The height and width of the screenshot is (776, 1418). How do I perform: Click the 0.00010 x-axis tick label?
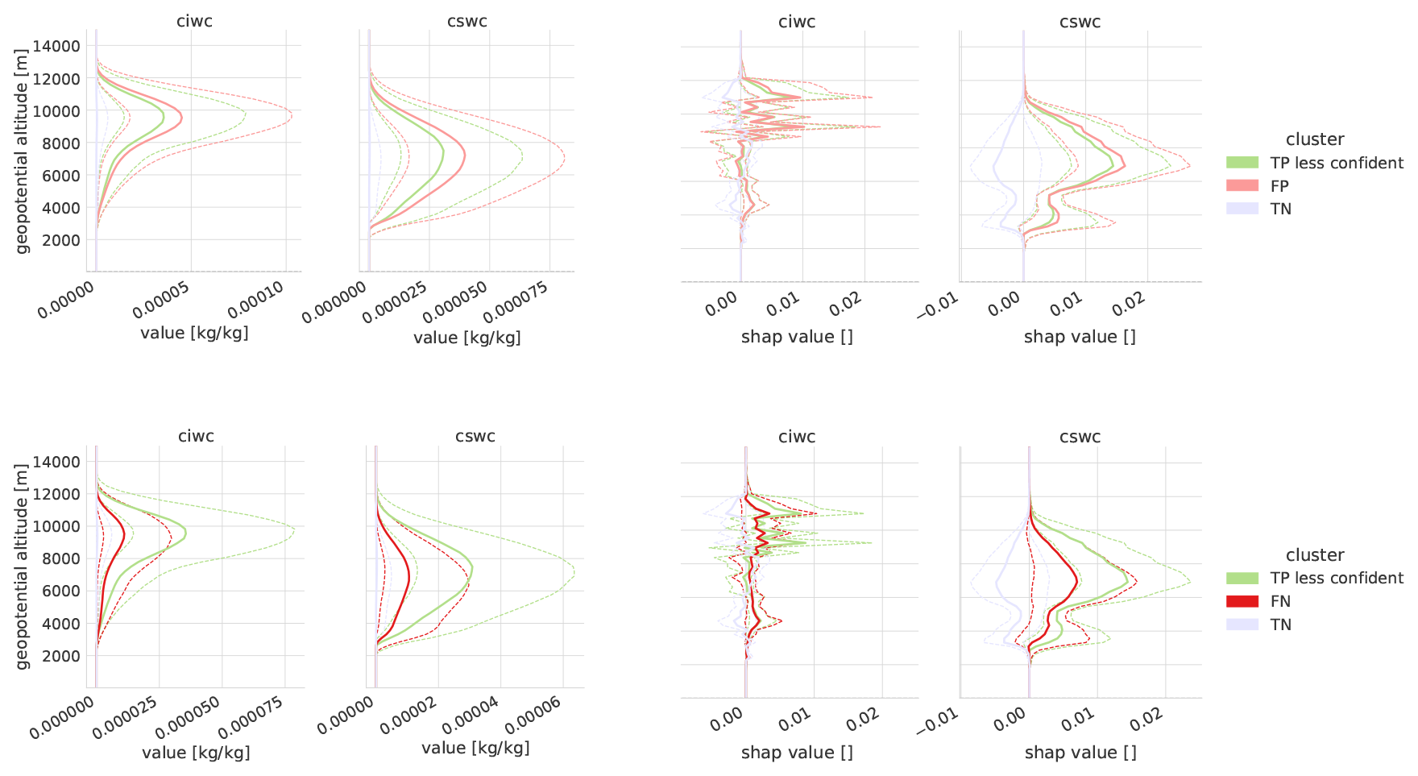tap(257, 299)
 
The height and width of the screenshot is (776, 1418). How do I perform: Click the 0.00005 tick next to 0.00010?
tap(162, 299)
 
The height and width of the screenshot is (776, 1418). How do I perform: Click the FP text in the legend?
tap(1279, 186)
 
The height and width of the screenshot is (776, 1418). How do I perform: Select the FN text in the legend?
tap(1280, 601)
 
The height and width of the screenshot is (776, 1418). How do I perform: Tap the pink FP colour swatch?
tap(1242, 186)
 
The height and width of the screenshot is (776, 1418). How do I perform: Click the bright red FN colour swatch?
tap(1242, 601)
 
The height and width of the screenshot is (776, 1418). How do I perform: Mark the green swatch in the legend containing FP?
tap(1242, 163)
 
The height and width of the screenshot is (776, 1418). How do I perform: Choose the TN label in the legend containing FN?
tap(1280, 625)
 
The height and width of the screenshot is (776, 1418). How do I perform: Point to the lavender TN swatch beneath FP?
tap(1242, 209)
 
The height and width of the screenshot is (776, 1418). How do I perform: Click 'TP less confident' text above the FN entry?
tap(1337, 578)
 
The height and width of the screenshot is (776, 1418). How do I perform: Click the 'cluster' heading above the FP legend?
tap(1315, 139)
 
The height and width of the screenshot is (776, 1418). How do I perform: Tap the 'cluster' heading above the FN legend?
tap(1315, 555)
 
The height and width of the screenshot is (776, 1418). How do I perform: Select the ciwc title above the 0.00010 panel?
tap(194, 21)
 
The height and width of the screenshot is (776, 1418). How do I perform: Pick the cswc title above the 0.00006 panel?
tap(475, 436)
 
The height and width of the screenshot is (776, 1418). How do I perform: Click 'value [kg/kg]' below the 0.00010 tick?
tap(194, 333)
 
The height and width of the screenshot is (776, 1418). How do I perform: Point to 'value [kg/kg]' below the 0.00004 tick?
tap(475, 748)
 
